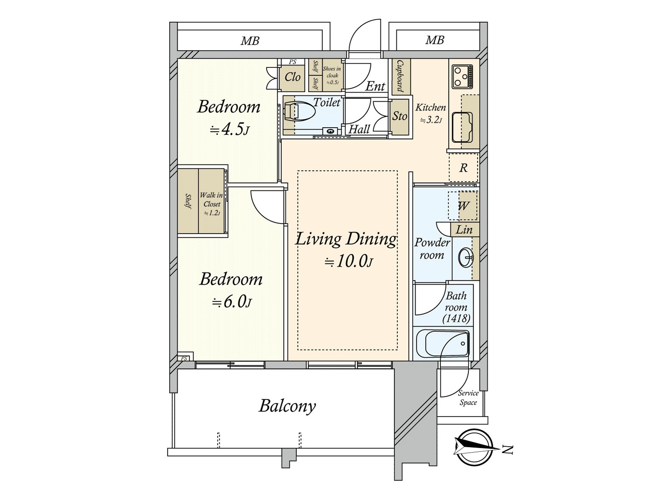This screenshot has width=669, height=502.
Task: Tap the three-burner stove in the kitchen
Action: [462, 76]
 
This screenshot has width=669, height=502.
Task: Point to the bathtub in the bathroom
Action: [442, 344]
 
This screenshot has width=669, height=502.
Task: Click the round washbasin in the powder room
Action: [466, 258]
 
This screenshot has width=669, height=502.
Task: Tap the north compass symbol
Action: [473, 448]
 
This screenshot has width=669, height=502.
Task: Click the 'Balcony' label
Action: [287, 406]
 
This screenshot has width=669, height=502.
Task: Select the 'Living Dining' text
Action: [346, 239]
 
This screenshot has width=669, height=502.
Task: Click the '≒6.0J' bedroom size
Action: [232, 302]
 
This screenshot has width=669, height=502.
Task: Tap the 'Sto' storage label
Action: [400, 116]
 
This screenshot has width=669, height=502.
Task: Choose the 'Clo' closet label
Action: [292, 77]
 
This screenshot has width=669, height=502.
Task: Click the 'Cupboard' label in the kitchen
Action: [399, 76]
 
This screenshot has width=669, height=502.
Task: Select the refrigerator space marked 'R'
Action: [463, 168]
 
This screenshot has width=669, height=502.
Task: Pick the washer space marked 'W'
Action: [463, 206]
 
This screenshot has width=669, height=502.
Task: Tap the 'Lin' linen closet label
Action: [464, 230]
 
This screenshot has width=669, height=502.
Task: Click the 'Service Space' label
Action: [468, 398]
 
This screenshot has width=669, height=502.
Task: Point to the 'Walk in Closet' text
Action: [211, 200]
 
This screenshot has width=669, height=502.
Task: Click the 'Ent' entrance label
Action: [375, 86]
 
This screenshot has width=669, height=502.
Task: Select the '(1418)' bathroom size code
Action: [456, 318]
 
